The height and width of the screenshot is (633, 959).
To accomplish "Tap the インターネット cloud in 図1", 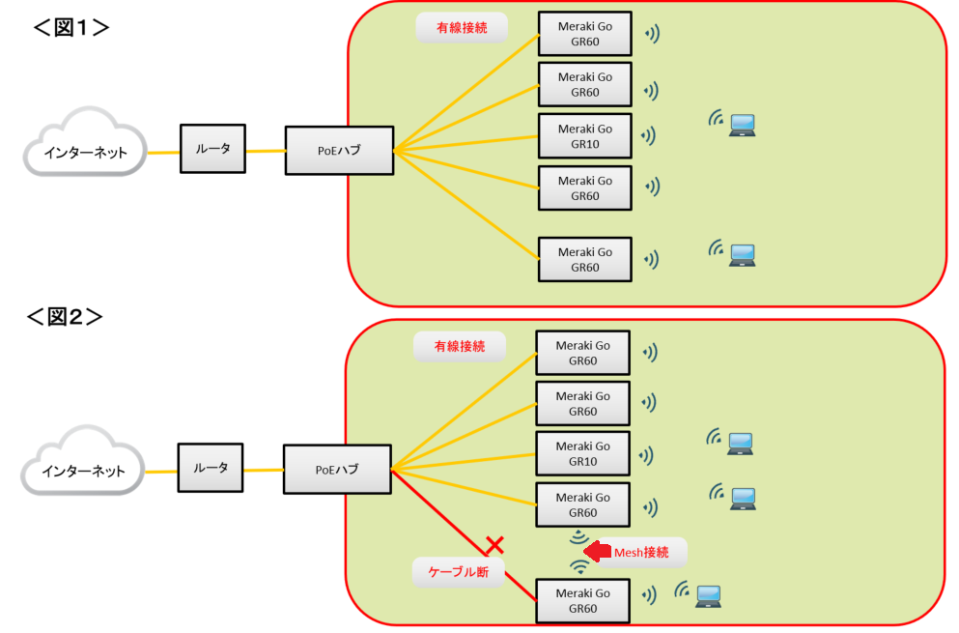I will click(86, 151).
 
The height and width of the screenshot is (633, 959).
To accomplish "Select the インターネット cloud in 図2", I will click(84, 471).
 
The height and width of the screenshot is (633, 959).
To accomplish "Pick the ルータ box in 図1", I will click(213, 149).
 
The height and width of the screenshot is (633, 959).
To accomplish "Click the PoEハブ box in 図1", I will click(339, 151).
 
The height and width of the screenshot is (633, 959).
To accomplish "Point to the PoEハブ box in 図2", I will click(337, 470).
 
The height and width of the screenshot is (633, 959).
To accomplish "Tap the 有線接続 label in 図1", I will click(462, 28).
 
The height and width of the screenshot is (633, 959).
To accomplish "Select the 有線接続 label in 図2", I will click(459, 346).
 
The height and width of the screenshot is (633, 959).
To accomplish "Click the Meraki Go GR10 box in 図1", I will click(584, 136).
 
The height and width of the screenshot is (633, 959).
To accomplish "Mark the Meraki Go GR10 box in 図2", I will click(582, 454).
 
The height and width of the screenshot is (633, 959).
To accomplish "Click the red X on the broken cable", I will click(494, 546).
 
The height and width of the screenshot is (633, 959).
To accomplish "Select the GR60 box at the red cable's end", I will click(582, 602).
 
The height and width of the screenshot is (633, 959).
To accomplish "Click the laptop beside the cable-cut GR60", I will click(708, 594).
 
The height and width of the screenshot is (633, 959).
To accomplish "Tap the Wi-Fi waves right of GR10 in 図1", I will click(652, 135).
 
